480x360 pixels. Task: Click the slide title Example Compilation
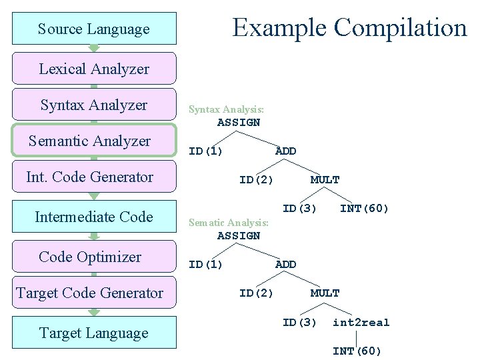pos(349,28)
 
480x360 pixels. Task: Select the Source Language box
pos(94,29)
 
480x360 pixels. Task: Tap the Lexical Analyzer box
pos(94,69)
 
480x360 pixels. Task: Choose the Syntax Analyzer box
pos(94,105)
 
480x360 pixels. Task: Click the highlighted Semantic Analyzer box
pos(94,141)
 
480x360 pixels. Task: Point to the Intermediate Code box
pos(94,217)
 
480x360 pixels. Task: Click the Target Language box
pos(94,333)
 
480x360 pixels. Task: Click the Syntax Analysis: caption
pos(226,109)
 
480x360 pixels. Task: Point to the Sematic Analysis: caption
pos(229,223)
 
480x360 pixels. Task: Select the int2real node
pos(361,323)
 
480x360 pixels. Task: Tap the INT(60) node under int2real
pos(357,351)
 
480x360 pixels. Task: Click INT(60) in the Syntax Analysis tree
pos(364,209)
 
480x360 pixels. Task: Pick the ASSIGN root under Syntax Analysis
pos(239,123)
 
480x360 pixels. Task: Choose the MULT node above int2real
pos(325,293)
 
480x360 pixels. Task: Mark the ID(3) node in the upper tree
pos(299,209)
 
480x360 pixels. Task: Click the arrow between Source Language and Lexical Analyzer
pos(94,48)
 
